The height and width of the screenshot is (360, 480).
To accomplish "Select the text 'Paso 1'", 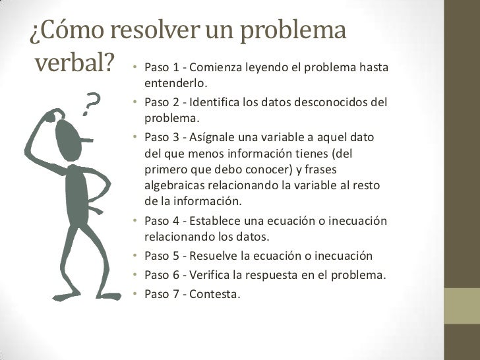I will click(159, 69).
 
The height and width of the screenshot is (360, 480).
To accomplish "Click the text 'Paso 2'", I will click(159, 104).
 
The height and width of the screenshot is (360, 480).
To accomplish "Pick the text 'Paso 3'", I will click(159, 138).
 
